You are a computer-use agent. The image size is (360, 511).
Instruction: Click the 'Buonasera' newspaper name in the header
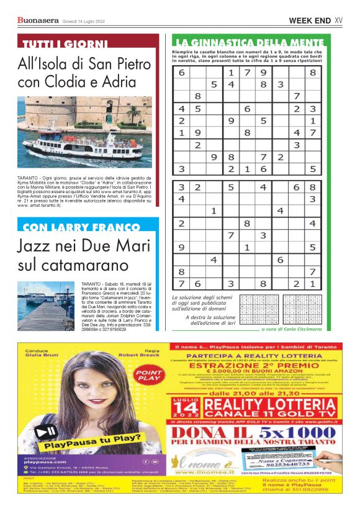tap(38, 21)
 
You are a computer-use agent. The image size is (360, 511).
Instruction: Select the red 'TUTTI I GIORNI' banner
tap(65, 44)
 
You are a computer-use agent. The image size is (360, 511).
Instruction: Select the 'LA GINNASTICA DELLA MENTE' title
tap(247, 42)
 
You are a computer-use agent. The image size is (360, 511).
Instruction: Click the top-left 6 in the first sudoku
tap(182, 73)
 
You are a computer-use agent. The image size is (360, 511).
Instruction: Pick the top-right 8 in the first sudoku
tap(313, 73)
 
